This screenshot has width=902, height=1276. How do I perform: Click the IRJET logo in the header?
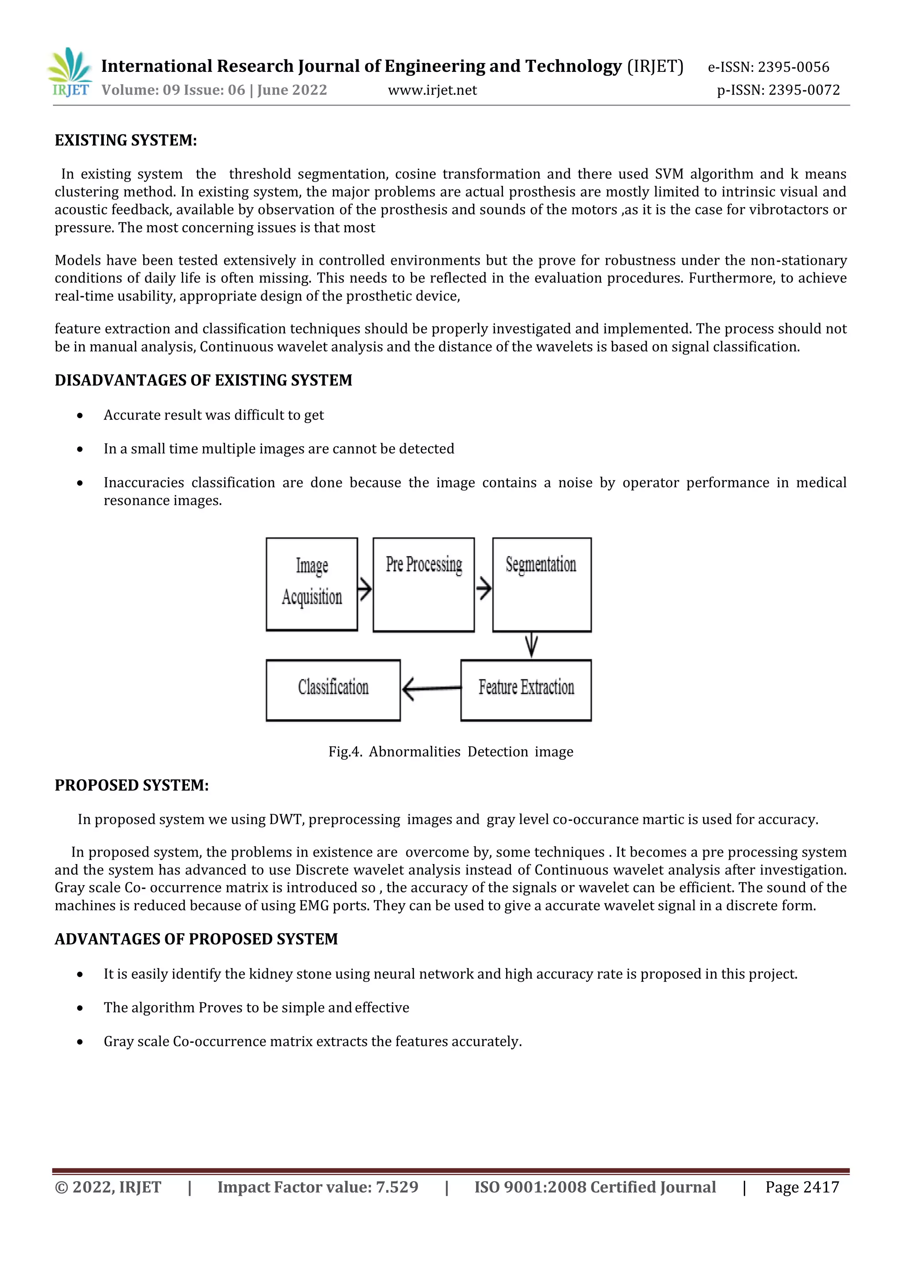coord(70,73)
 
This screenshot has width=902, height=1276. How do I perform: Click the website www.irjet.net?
coord(432,90)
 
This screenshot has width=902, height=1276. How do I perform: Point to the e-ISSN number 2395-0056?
coord(793,67)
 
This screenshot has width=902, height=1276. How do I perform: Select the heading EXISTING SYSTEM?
coord(126,140)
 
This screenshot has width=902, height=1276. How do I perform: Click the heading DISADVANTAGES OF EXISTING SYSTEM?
coord(203,380)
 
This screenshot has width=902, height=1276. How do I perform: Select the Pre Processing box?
coord(423,585)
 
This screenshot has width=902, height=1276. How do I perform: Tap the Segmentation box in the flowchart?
coord(542,585)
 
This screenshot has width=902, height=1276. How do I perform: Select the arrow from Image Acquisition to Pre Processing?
coord(364,589)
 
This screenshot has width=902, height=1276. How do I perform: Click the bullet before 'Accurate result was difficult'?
coord(81,415)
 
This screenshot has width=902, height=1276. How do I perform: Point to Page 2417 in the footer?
coord(802,1187)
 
